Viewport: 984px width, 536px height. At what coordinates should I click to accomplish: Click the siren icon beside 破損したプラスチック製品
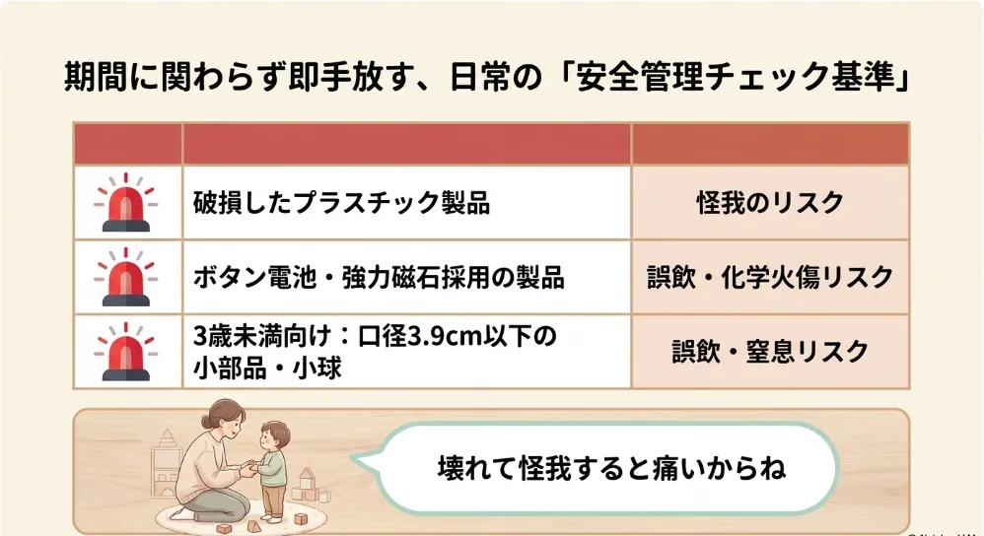click(126, 203)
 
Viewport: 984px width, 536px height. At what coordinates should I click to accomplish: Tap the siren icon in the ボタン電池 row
click(126, 277)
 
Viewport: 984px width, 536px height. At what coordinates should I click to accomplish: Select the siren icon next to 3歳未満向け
click(126, 352)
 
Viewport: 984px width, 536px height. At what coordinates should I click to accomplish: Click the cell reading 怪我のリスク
click(771, 203)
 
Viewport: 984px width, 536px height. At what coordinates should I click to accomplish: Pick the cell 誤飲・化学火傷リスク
click(771, 277)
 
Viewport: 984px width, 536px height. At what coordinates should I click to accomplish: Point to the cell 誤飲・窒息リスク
click(771, 352)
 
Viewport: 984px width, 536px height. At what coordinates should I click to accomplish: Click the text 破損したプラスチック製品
click(341, 203)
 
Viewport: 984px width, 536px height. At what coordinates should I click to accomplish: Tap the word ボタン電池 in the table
click(254, 277)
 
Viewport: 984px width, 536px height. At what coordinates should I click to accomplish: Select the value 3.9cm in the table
click(440, 336)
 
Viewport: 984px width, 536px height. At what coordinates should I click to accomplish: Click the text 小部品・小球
click(267, 368)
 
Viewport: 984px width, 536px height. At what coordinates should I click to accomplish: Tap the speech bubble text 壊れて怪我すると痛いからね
click(611, 468)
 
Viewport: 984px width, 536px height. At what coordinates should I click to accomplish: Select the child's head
click(275, 435)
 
